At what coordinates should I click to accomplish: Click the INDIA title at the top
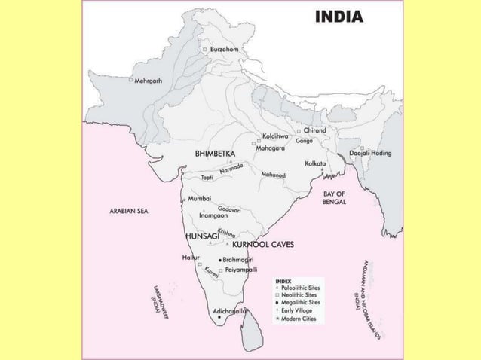click(x=338, y=16)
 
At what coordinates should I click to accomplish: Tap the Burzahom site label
click(x=225, y=50)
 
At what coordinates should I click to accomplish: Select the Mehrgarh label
click(x=148, y=80)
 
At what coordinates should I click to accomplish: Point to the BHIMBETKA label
click(x=215, y=154)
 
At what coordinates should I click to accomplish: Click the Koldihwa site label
click(x=275, y=136)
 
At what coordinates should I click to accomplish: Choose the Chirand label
click(x=314, y=130)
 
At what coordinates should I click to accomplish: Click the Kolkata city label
click(x=314, y=163)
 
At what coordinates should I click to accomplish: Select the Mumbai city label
click(x=199, y=198)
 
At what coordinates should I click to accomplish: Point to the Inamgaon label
click(x=213, y=215)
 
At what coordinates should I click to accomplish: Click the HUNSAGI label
click(x=202, y=236)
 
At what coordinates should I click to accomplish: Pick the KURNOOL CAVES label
click(x=263, y=245)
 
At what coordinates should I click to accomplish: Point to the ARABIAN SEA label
click(x=129, y=212)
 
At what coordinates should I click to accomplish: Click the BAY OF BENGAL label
click(x=333, y=198)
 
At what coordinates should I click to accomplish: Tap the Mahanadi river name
click(x=274, y=175)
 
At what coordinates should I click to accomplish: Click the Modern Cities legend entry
click(x=299, y=319)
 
